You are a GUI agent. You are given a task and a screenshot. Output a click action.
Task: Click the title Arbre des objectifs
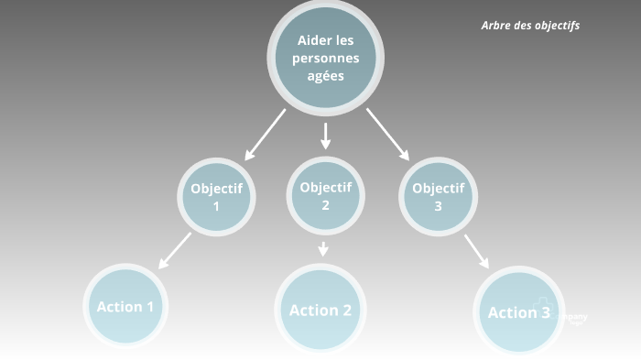(x=530, y=26)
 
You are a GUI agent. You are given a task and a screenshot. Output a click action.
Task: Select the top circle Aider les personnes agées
(x=325, y=58)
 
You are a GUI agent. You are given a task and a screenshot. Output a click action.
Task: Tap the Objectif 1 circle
(x=216, y=197)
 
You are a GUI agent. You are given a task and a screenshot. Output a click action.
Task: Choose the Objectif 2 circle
(x=326, y=195)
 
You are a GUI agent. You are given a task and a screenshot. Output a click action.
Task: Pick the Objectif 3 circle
(x=438, y=197)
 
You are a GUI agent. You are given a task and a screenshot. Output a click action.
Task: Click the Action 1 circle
(x=125, y=307)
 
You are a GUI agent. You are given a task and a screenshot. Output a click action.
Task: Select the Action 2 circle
(x=320, y=310)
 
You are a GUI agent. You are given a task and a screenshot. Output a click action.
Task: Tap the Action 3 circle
(x=518, y=312)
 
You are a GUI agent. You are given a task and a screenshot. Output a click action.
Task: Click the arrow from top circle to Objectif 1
(x=265, y=134)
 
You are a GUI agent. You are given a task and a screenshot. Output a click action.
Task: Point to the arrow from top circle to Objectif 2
(x=325, y=135)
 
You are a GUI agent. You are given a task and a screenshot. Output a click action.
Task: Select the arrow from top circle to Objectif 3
(x=387, y=134)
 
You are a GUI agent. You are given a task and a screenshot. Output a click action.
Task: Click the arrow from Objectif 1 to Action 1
(x=175, y=250)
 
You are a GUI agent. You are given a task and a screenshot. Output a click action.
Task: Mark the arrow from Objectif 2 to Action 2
(x=323, y=248)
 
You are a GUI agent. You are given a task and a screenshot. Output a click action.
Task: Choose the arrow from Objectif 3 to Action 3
(x=476, y=251)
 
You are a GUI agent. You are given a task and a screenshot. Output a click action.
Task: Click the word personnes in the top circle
(x=326, y=58)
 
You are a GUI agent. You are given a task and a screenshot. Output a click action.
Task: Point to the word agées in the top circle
(x=326, y=76)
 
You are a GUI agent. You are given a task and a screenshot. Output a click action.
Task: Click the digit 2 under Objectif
(x=325, y=205)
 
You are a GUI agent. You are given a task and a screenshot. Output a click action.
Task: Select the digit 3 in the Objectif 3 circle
(x=438, y=207)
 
